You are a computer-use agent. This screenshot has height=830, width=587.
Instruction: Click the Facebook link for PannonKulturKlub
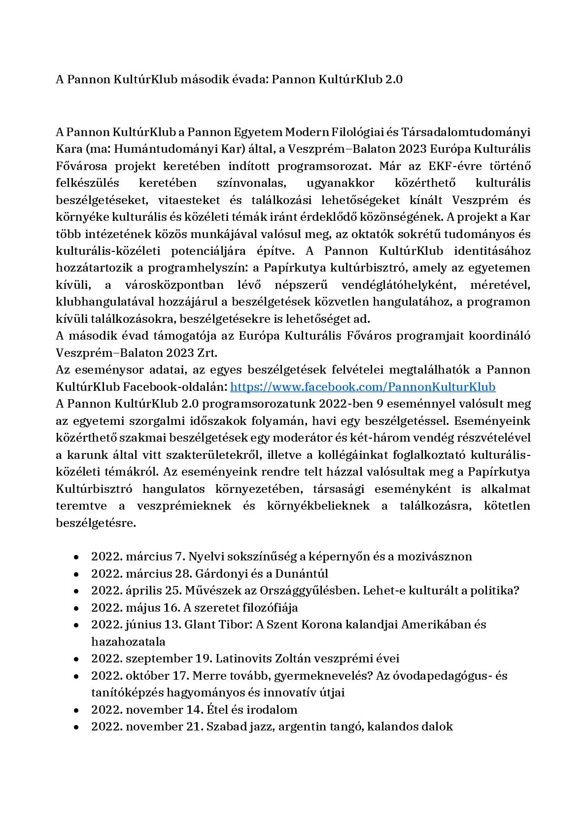pyautogui.click(x=363, y=387)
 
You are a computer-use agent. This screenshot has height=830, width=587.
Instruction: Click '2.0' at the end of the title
pyautogui.click(x=393, y=79)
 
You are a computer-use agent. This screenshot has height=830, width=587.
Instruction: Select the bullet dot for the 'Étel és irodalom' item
pyautogui.click(x=76, y=710)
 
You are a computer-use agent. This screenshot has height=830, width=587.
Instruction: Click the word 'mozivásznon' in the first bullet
pyautogui.click(x=435, y=557)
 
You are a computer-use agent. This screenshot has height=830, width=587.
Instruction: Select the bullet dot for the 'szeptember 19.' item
pyautogui.click(x=76, y=659)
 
